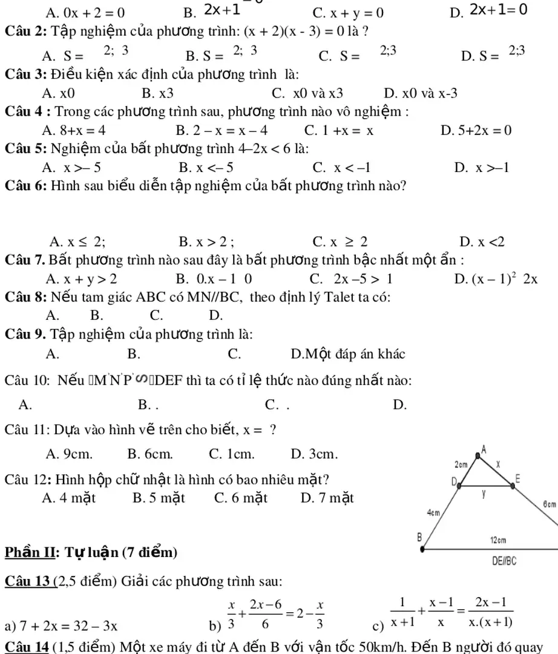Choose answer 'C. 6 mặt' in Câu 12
(241, 498)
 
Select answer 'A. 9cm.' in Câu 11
(70, 453)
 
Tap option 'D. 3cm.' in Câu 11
(314, 453)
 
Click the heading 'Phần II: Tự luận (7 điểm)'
(91, 552)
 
